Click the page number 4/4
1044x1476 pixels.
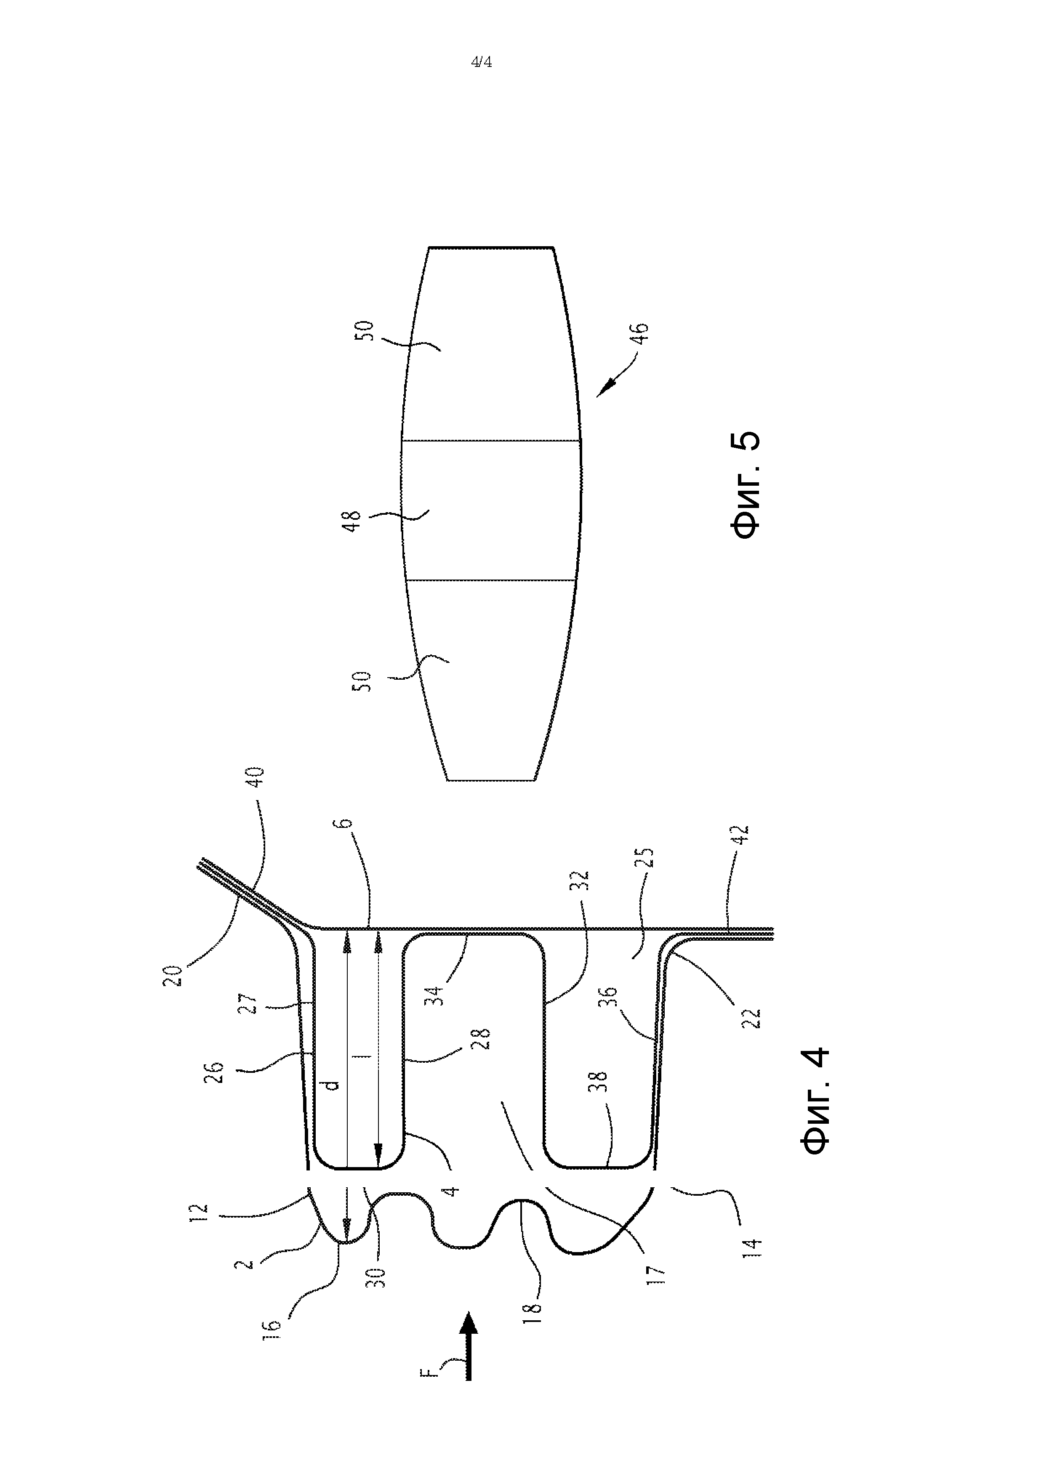click(x=482, y=62)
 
